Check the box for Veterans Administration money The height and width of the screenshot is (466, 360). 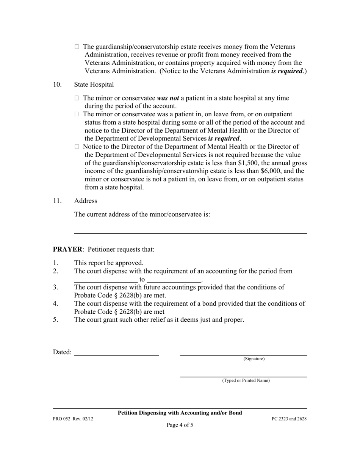[77, 47]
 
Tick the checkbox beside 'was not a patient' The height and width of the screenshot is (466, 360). [77, 99]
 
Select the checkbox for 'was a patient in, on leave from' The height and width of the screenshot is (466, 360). [77, 114]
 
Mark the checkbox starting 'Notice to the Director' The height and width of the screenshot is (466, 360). [77, 147]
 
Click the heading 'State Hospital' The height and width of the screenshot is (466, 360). [94, 84]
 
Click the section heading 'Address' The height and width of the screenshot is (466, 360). [86, 201]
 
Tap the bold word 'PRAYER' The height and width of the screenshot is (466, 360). [67, 249]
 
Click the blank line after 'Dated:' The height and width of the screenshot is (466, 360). [116, 352]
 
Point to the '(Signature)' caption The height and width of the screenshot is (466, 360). [254, 359]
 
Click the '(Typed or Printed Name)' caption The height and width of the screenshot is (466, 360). [246, 380]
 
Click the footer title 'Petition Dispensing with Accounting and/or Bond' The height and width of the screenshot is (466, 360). [180, 413]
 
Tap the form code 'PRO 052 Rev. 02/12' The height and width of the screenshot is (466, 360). [73, 419]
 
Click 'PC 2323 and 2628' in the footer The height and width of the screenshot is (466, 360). [289, 419]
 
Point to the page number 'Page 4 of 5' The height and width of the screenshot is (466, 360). [180, 425]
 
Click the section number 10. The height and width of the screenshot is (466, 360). [57, 84]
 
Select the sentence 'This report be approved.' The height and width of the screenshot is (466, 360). [109, 263]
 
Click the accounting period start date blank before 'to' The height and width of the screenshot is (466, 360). [106, 280]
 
